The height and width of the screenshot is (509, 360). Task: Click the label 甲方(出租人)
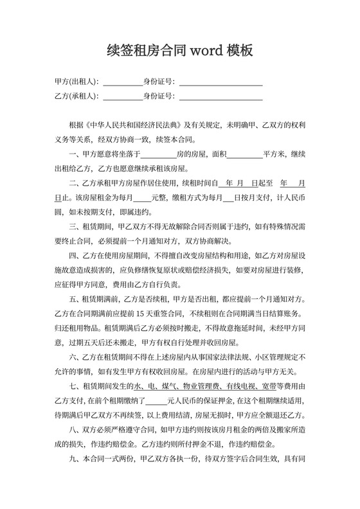[x=76, y=82]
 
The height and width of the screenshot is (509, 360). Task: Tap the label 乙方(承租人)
[x=76, y=96]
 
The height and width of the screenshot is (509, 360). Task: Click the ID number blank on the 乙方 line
[x=221, y=96]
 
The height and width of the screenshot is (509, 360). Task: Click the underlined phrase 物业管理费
[x=208, y=386]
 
